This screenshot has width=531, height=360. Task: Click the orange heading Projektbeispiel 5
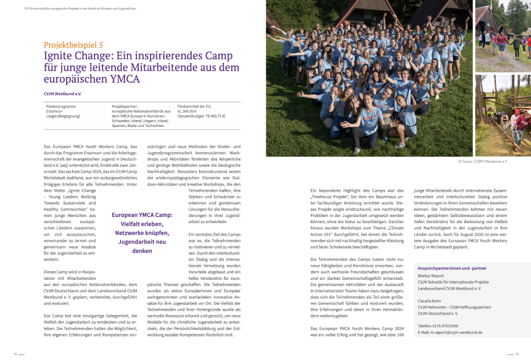click(x=73, y=44)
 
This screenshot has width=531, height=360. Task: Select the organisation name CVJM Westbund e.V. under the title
click(x=62, y=94)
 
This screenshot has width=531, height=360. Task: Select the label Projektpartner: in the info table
click(x=125, y=107)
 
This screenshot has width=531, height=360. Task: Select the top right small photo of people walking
click(x=502, y=36)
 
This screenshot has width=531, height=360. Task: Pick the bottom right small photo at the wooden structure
click(x=502, y=114)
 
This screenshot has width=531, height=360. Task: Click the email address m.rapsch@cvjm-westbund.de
click(x=453, y=332)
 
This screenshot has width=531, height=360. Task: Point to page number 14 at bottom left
click(x=15, y=354)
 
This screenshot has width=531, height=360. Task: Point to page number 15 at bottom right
click(x=517, y=354)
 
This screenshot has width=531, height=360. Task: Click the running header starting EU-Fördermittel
click(x=80, y=9)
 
